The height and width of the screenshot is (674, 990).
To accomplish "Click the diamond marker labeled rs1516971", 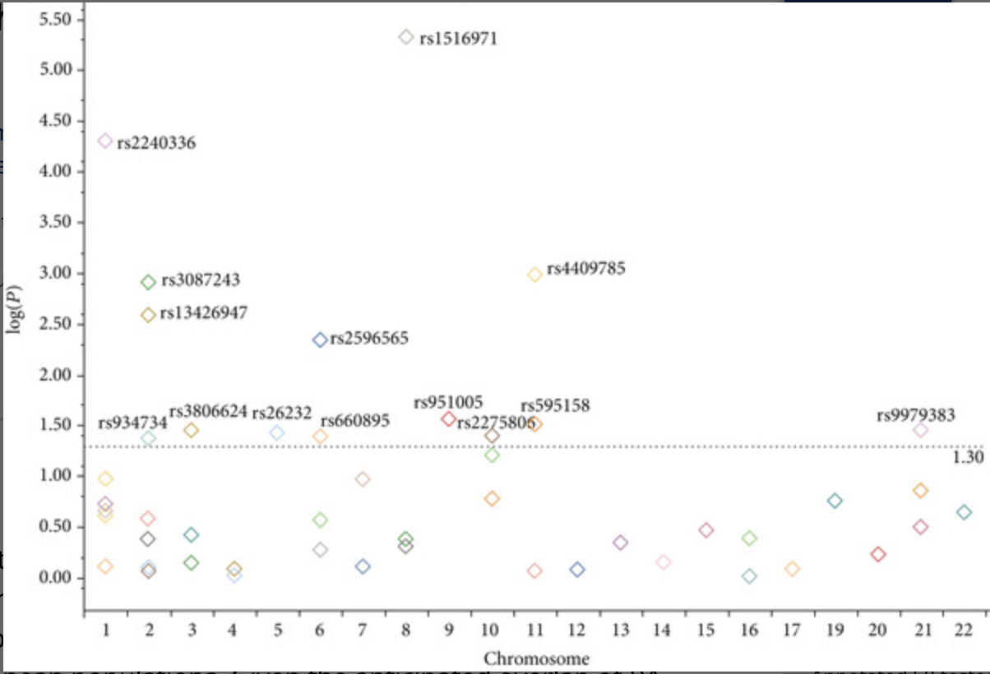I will (x=405, y=37).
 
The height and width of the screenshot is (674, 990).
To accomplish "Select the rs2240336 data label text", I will (x=156, y=143).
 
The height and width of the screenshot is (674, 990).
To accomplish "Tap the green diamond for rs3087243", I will (x=148, y=282).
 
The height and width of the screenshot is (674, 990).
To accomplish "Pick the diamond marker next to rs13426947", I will (x=148, y=315).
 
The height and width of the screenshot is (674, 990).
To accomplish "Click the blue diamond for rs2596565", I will (x=321, y=339).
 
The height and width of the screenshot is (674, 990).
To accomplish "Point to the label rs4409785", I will (x=586, y=268).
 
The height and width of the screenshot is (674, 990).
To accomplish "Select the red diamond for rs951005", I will (x=448, y=418).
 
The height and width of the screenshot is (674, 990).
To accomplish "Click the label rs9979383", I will (x=916, y=415).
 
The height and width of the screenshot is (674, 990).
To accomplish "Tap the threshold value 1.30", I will (x=968, y=458).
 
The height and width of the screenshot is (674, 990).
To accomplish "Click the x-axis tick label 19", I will (x=835, y=630).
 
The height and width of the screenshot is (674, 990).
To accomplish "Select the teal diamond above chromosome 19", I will (x=835, y=501).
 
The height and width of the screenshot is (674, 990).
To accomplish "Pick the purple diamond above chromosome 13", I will (x=620, y=542).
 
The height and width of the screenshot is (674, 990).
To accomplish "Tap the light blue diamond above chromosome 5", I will (x=277, y=433).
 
